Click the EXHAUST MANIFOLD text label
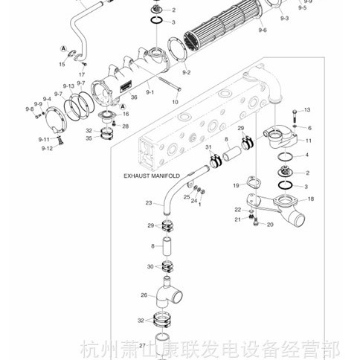coord(152,176)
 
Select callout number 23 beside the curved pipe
coord(148,203)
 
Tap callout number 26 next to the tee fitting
coord(144,295)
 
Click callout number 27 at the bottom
coord(142,345)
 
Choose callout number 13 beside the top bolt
coord(306,110)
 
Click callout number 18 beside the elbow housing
coord(310,199)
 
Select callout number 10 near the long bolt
coord(176,100)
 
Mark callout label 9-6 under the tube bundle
coord(263,31)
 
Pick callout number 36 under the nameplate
coord(134,97)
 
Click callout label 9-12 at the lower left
coord(47,148)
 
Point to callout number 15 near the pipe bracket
coord(62,64)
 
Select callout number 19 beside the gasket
coord(235,184)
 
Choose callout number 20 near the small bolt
coord(269,225)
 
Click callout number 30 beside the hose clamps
coord(150,266)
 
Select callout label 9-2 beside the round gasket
coord(186,72)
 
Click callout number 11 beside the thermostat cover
coord(308,140)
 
